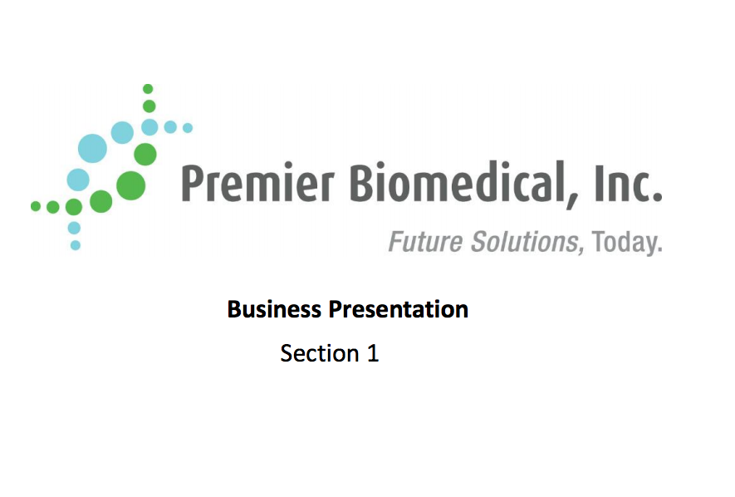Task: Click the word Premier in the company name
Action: (257, 183)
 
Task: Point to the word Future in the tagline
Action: (425, 242)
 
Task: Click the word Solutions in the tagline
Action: (526, 242)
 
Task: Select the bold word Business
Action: (274, 309)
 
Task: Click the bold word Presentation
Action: (398, 309)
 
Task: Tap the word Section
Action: (320, 353)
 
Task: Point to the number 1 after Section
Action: (373, 353)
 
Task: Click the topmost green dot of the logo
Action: (148, 89)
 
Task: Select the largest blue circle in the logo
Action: (92, 148)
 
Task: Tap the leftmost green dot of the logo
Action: (36, 206)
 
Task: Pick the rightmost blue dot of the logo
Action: (188, 127)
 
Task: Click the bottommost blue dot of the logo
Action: (75, 245)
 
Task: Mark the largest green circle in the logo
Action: (130, 185)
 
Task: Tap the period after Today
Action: (659, 251)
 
